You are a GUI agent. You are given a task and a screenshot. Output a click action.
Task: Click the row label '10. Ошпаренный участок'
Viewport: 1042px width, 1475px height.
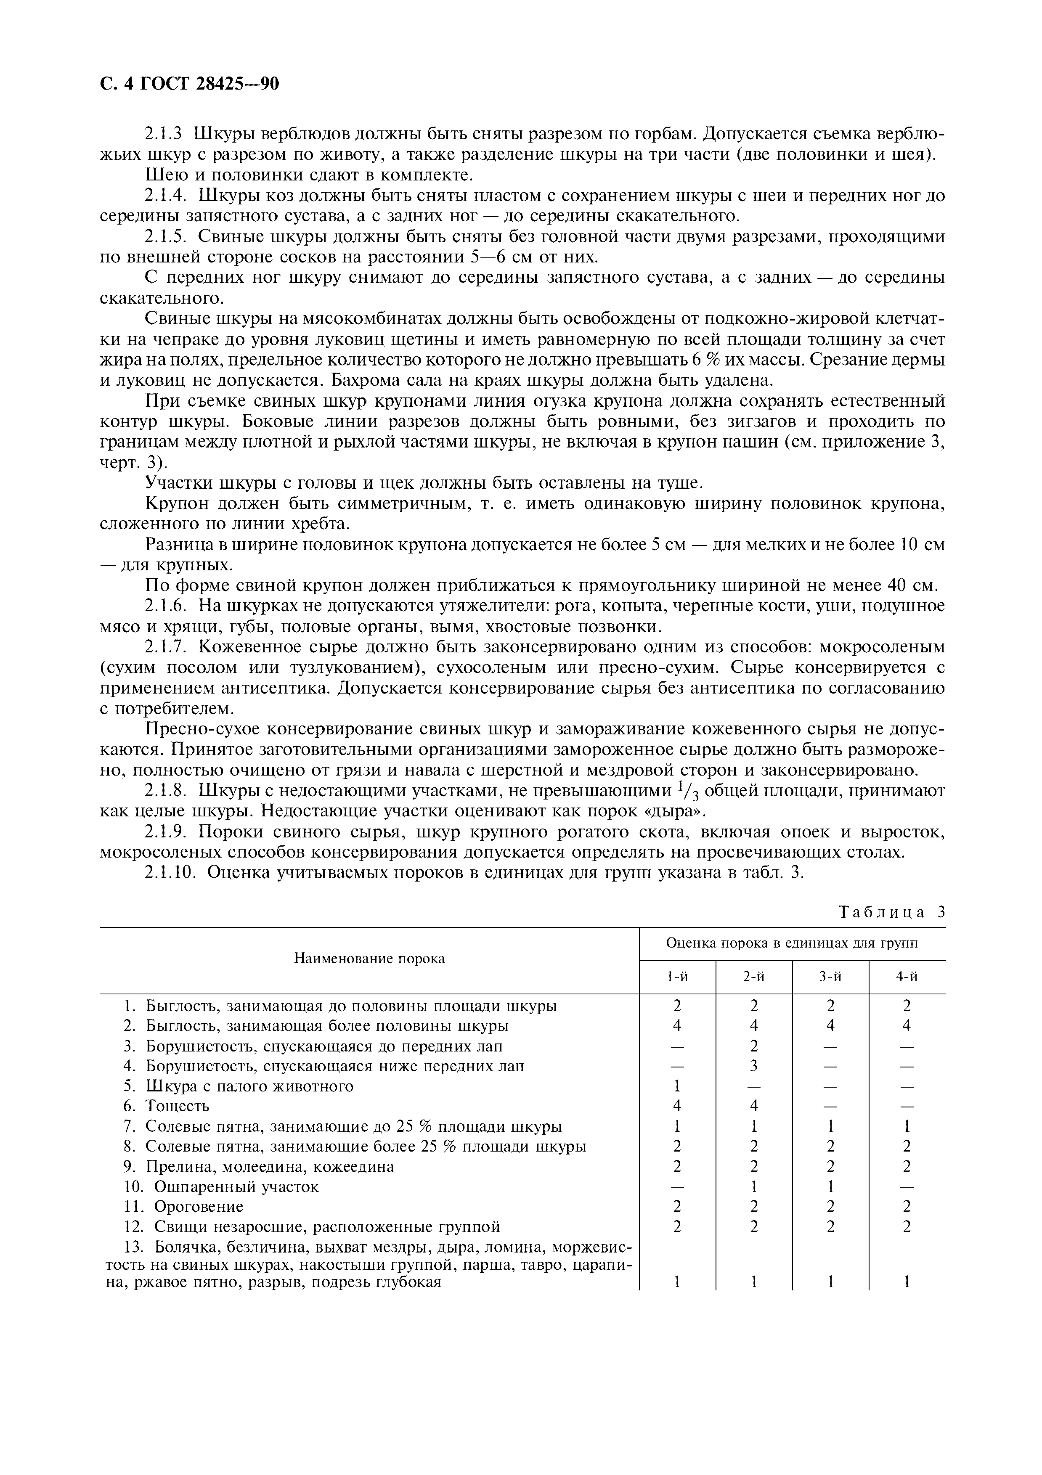tap(221, 1186)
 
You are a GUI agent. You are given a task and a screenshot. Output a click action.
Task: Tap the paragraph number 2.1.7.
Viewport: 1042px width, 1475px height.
tap(166, 647)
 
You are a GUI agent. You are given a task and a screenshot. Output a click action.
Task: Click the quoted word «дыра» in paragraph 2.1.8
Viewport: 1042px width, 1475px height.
tap(669, 811)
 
